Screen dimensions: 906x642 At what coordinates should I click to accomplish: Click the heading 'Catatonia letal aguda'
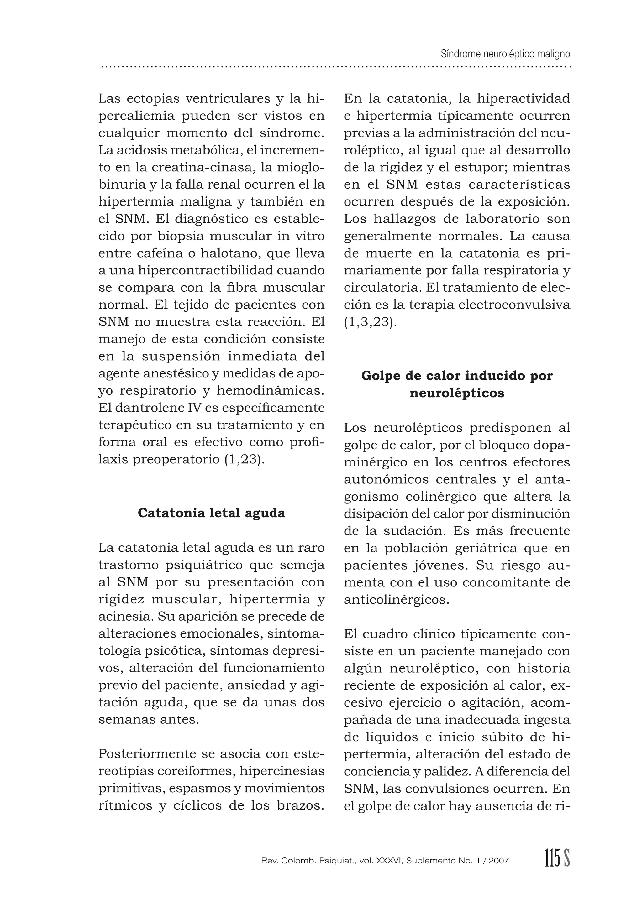(x=212, y=513)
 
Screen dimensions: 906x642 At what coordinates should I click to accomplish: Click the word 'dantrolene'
(x=152, y=407)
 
